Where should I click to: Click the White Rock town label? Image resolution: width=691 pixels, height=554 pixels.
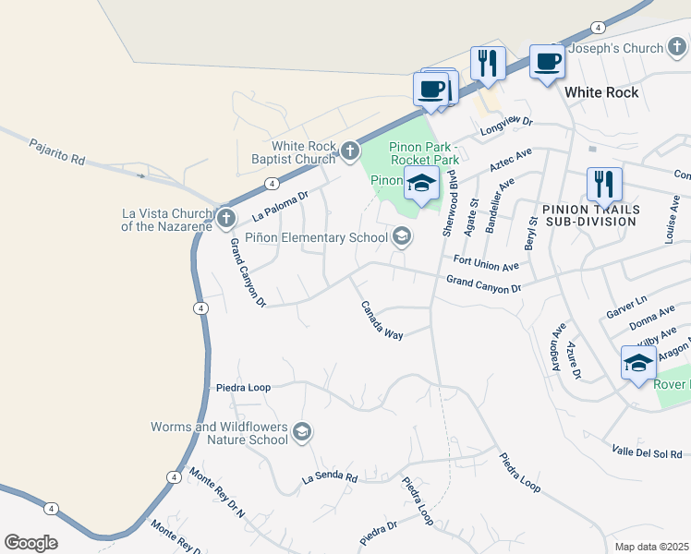pyautogui.click(x=601, y=92)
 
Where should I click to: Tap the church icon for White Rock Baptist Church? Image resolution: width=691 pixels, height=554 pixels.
pyautogui.click(x=349, y=151)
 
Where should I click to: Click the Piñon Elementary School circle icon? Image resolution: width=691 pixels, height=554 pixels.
pyautogui.click(x=401, y=237)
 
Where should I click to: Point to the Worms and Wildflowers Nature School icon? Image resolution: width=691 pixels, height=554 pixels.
pyautogui.click(x=301, y=432)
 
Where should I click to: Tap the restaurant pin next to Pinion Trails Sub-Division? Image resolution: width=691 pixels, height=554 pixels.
pyautogui.click(x=604, y=185)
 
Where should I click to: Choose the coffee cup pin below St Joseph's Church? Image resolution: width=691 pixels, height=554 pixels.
pyautogui.click(x=548, y=63)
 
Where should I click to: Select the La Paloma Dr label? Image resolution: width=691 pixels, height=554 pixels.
pyautogui.click(x=279, y=206)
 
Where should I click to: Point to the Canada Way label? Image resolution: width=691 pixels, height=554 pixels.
pyautogui.click(x=382, y=320)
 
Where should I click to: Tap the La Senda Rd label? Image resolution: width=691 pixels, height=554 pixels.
pyautogui.click(x=330, y=477)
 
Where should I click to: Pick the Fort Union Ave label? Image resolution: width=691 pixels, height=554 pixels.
pyautogui.click(x=486, y=262)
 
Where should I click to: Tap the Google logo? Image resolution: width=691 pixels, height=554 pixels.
pyautogui.click(x=30, y=543)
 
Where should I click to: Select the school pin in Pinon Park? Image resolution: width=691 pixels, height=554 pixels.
pyautogui.click(x=421, y=184)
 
